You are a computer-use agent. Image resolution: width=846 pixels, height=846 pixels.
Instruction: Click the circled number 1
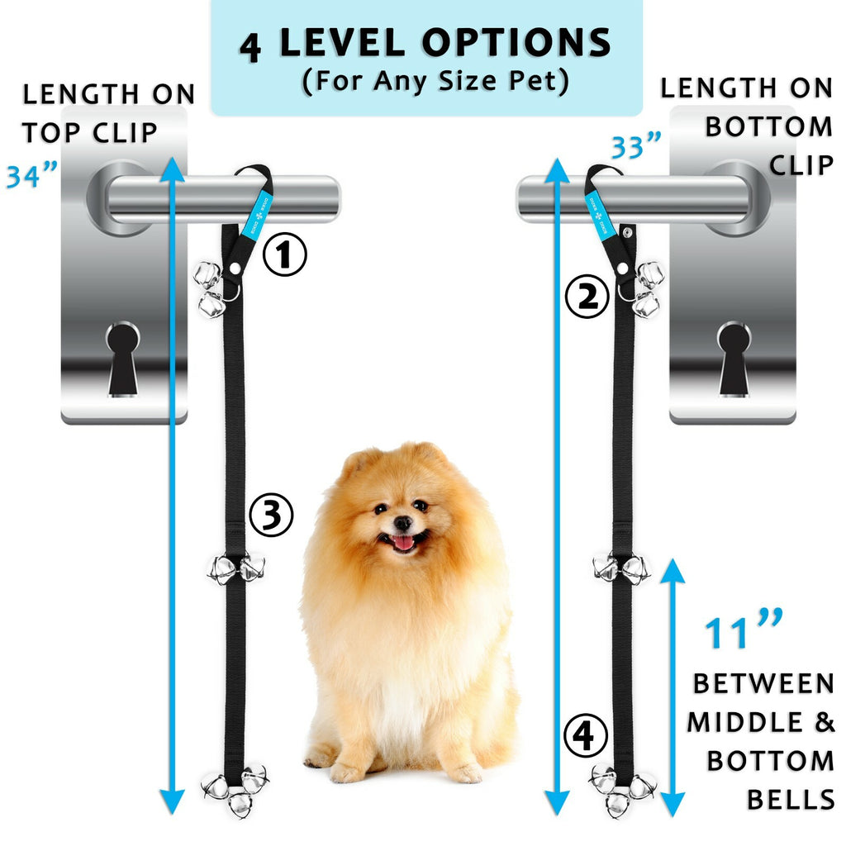tap(284, 256)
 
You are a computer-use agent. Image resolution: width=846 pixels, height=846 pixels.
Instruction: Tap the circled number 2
tap(587, 297)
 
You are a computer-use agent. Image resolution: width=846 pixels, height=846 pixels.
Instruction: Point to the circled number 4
tap(585, 735)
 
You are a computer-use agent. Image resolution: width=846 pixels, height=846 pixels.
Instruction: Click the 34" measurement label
tap(32, 176)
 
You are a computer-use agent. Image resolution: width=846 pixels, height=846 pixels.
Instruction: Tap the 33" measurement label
tap(636, 148)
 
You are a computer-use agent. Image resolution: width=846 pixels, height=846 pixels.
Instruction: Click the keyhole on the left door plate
tap(123, 358)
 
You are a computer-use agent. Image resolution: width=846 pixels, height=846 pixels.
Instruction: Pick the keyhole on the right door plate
tap(734, 358)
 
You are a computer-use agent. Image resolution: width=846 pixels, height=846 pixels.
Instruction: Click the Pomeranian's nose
tap(402, 523)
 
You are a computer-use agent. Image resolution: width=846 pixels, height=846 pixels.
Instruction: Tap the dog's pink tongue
tap(403, 542)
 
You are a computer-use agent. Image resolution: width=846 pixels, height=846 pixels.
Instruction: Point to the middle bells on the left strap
tap(235, 568)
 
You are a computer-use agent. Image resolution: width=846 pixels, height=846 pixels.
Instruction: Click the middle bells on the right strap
tap(621, 568)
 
